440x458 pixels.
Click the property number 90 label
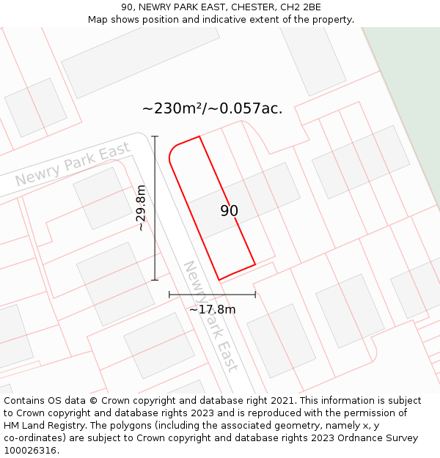click(229, 211)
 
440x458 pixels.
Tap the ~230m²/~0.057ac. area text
click(212, 108)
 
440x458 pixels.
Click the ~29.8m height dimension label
click(141, 208)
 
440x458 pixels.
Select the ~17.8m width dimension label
click(212, 309)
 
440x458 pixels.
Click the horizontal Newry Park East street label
click(73, 165)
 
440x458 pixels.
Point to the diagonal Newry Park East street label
click(210, 316)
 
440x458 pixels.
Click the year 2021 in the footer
click(282, 401)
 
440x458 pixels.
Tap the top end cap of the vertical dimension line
click(155, 136)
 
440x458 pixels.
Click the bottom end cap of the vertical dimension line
click(155, 280)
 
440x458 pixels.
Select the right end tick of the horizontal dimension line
click(255, 295)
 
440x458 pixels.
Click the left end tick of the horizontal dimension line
click(169, 295)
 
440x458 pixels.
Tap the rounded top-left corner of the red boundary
click(172, 150)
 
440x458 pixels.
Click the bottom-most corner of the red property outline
click(219, 280)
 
